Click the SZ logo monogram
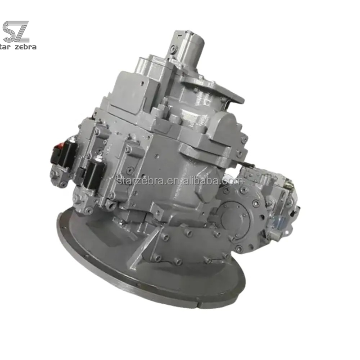tap(16, 31)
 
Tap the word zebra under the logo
tap(26, 47)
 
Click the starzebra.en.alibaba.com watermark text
tap(180, 181)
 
